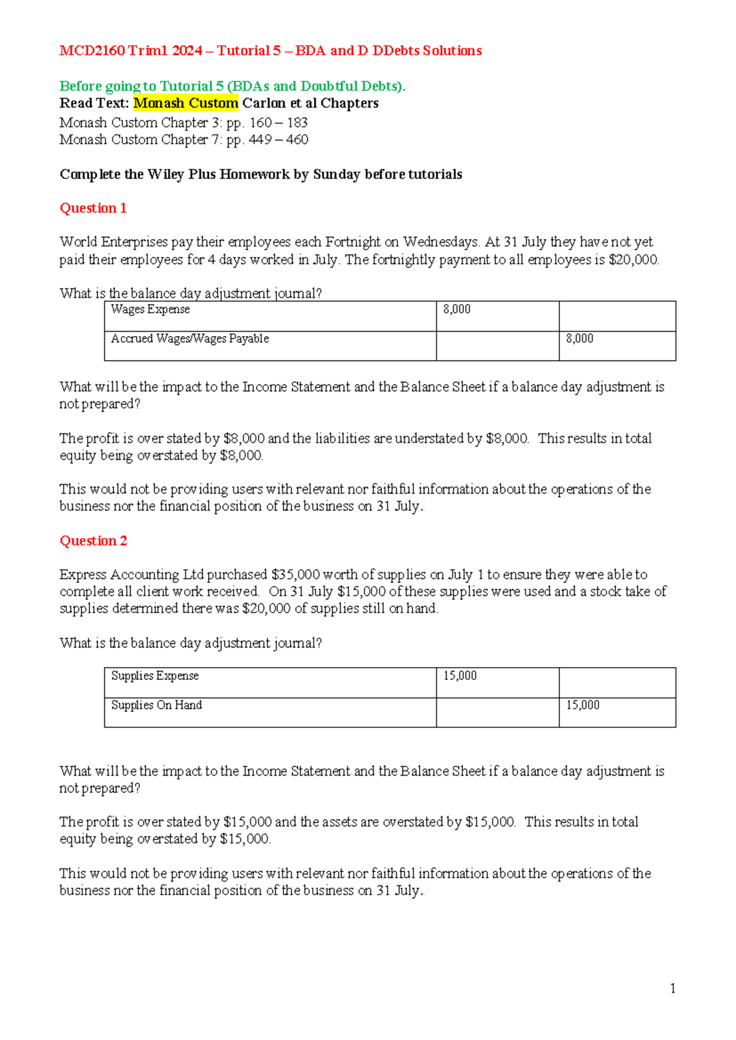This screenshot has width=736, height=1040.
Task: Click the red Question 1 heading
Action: [x=93, y=208]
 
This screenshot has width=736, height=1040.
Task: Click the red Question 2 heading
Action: [x=93, y=541]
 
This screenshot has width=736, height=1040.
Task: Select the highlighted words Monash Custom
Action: [x=186, y=103]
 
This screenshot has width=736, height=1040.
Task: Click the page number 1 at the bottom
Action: [x=673, y=988]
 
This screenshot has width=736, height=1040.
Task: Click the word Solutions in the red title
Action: [x=452, y=51]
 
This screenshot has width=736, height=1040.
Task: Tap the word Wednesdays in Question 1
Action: [x=440, y=242]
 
